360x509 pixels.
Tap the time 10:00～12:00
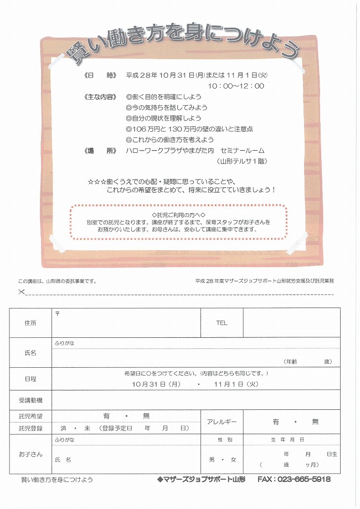coord(236,86)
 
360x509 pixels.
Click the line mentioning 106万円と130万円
coord(189,129)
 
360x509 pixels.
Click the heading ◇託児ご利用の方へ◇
coord(178,214)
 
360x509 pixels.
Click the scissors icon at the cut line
coord(22,292)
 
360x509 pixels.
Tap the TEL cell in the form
coord(222,322)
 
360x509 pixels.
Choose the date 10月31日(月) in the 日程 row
coord(157,383)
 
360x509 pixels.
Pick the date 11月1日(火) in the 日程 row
coord(236,383)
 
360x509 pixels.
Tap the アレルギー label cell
coord(222,422)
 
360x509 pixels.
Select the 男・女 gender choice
coord(222,460)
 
